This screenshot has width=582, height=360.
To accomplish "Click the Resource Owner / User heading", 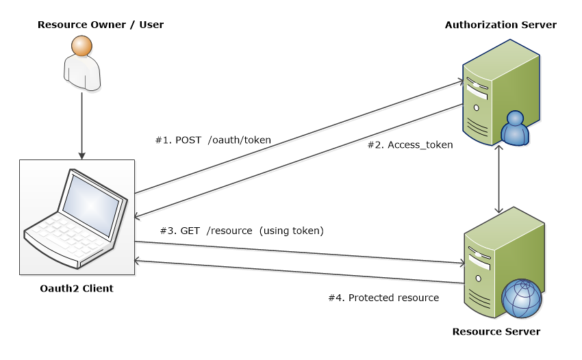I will pyautogui.click(x=101, y=25).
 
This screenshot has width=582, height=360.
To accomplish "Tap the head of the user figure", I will pyautogui.click(x=81, y=46).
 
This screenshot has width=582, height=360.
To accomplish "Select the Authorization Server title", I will pyautogui.click(x=501, y=25).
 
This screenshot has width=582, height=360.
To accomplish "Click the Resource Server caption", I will pyautogui.click(x=496, y=332).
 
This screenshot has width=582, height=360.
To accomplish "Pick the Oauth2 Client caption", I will pyautogui.click(x=77, y=288).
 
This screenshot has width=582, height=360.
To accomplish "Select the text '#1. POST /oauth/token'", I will pyautogui.click(x=213, y=140).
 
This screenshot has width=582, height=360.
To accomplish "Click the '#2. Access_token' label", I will pyautogui.click(x=410, y=145).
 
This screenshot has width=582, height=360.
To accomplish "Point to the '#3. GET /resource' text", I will pyautogui.click(x=206, y=231).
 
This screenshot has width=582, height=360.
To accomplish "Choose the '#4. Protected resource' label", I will pyautogui.click(x=383, y=298).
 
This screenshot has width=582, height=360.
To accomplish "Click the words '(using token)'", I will pyautogui.click(x=291, y=231).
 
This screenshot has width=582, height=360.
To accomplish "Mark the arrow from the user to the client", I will pyautogui.click(x=82, y=123).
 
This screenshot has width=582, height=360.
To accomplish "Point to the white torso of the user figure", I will pyautogui.click(x=82, y=73).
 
